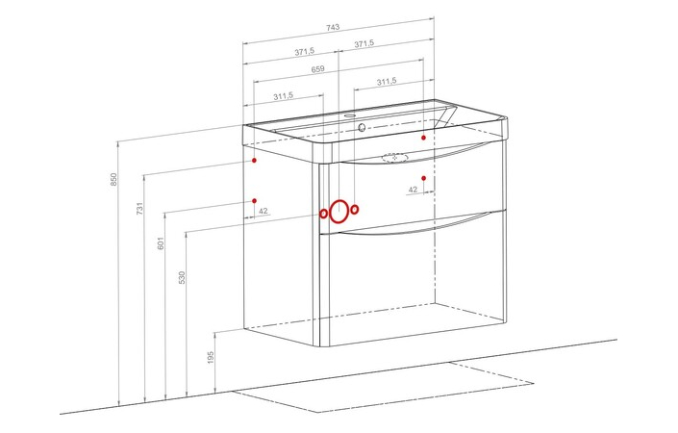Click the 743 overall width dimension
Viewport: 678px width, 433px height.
pos(333,27)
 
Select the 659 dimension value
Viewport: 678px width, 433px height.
pos(317,69)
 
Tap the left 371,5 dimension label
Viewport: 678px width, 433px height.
pos(305,52)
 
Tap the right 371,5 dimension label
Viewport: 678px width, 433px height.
pos(364,43)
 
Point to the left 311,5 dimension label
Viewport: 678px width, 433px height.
pos(283,96)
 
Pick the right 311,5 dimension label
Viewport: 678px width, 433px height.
pos(387,82)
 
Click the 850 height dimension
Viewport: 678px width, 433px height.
pos(113,179)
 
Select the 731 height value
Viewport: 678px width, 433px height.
pos(139,208)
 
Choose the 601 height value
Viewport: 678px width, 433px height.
pos(161,243)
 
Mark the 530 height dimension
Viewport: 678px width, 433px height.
pos(182,277)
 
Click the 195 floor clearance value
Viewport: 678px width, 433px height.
pos(211,357)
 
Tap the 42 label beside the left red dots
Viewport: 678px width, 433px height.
pos(264,211)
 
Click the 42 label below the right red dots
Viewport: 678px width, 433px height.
pos(413,190)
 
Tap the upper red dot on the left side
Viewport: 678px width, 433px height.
pos(254,160)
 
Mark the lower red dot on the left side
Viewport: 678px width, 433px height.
pos(254,201)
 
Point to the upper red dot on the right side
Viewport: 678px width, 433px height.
pos(424,138)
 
